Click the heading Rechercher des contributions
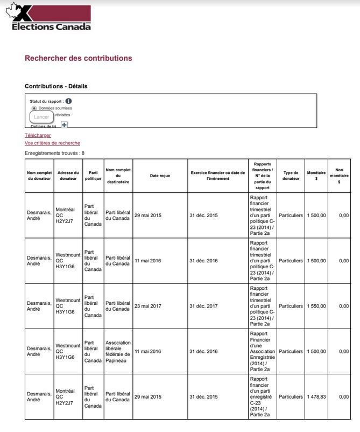78,58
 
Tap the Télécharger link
38,135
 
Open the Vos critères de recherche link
52,143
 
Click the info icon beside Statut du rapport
69,101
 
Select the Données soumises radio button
34,108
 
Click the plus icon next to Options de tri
64,125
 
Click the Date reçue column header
160,176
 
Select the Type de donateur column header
291,176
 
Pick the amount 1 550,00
316,305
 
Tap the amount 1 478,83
316,397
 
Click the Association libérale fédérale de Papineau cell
118,351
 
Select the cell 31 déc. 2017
203,305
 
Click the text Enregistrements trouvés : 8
55,153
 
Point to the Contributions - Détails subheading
56,86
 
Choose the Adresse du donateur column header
68,176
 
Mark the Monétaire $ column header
316,176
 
